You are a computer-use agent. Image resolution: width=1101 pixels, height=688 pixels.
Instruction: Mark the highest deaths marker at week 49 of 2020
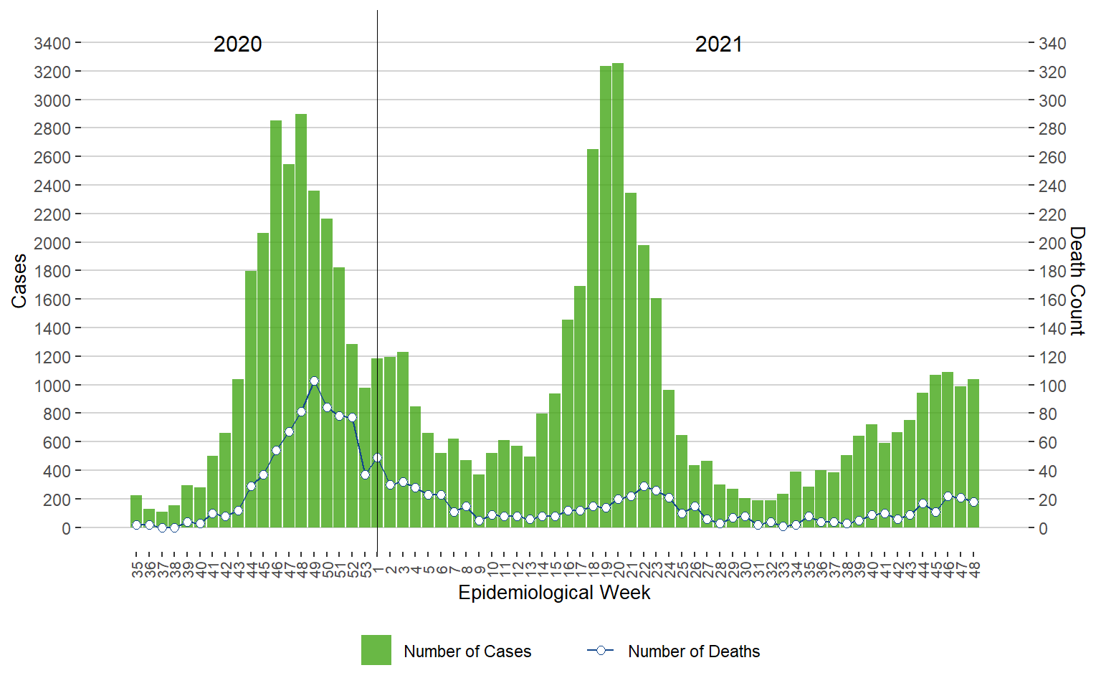(314, 381)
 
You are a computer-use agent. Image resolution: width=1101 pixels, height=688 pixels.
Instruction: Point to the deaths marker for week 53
(365, 474)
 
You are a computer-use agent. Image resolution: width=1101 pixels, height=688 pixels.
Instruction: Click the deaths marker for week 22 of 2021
(644, 486)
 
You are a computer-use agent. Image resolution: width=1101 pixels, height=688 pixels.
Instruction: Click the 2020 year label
(237, 44)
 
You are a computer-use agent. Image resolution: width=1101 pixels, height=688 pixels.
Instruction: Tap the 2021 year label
(718, 44)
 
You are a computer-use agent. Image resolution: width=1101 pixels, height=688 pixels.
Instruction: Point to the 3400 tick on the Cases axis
(52, 44)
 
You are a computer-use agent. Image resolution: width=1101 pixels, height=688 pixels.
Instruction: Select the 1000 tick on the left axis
(52, 386)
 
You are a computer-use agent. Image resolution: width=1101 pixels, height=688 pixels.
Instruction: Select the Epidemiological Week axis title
(554, 593)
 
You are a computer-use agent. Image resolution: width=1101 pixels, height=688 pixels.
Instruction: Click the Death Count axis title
(1077, 281)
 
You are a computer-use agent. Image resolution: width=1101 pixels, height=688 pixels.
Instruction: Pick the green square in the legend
(376, 650)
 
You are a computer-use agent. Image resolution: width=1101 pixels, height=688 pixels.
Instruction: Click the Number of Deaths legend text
(694, 651)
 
